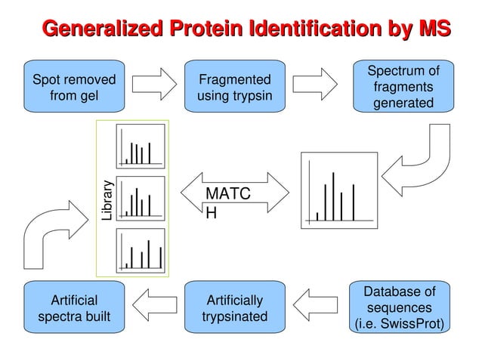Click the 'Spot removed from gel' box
73,88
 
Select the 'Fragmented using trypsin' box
234,88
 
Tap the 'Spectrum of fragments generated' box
402,87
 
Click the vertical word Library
107,199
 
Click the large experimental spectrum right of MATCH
338,190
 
